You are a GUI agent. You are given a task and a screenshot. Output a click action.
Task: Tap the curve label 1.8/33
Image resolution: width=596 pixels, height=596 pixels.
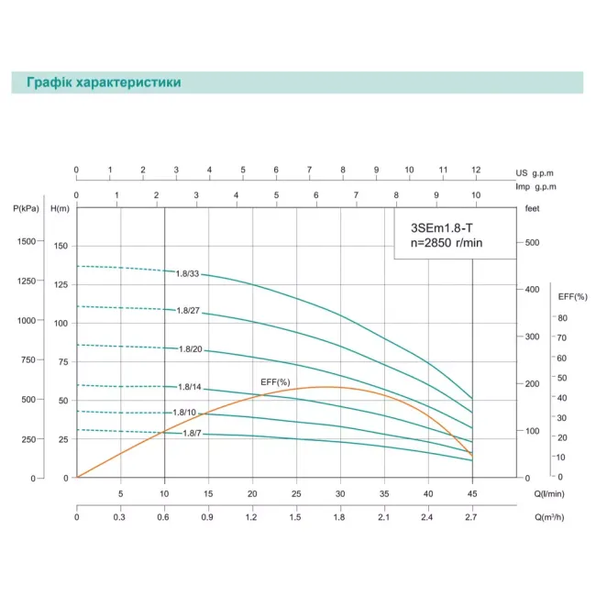pos(188,273)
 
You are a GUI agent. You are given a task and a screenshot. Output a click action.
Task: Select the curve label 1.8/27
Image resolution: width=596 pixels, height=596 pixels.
pos(188,311)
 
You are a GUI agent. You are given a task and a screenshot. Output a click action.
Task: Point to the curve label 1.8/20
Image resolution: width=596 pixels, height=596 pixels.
pos(190,349)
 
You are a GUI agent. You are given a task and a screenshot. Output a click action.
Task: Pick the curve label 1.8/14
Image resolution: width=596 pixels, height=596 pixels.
pos(190,387)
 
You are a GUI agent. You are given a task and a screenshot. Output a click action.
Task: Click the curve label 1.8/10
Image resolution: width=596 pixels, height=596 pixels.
pos(184,413)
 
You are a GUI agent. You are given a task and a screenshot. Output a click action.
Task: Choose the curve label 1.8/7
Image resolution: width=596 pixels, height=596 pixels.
pos(193,433)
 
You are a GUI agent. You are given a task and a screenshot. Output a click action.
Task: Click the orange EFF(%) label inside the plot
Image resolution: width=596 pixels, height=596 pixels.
pos(276,381)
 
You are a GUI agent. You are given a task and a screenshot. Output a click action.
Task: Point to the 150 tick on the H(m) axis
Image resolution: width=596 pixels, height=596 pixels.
pos(61,247)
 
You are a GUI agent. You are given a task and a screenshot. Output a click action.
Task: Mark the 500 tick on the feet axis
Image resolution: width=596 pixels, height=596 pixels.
pos(535,242)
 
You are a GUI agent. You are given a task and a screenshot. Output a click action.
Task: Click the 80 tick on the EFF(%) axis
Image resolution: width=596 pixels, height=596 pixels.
pos(564,317)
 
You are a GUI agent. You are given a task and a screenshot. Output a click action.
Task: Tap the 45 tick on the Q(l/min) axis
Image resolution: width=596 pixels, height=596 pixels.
pos(472,493)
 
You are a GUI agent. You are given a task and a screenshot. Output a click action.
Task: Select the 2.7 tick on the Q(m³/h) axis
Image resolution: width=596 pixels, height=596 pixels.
pos(472,518)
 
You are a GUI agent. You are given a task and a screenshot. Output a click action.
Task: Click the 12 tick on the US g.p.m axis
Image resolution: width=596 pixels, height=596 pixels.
pos(475,170)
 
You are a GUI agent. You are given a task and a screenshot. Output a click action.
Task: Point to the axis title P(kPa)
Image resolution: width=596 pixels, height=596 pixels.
pos(28,209)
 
